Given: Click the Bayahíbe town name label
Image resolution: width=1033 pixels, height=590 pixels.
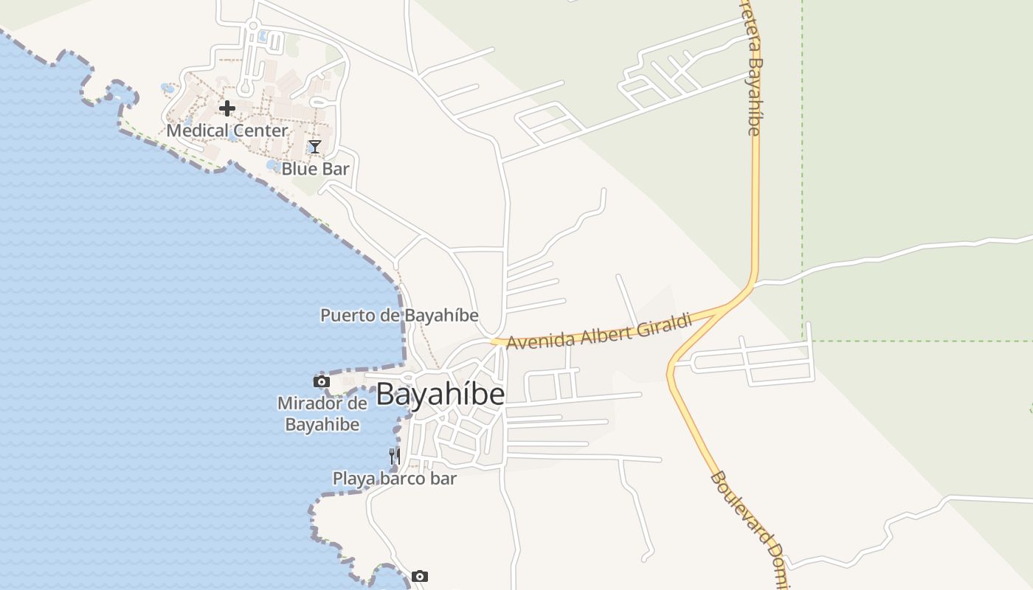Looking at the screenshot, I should tap(441, 395).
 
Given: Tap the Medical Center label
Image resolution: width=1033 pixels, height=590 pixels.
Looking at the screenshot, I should tap(227, 131).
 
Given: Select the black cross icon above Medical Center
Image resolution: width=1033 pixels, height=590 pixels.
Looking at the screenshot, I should tap(227, 108).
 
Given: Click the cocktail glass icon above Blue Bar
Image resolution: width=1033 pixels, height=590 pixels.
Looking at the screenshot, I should tap(315, 147).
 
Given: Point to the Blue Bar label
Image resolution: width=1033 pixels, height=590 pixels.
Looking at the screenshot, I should tap(315, 169).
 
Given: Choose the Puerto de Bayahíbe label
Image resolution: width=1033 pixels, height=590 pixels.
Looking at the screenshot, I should tap(399, 316).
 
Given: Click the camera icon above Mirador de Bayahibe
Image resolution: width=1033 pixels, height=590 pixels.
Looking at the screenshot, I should tap(321, 381).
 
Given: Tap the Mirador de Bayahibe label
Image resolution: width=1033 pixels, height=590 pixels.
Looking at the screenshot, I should tap(322, 414).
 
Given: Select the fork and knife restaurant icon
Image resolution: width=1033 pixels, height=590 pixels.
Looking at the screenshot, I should tap(395, 457).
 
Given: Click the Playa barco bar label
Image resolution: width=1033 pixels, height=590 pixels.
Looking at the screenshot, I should tap(395, 479).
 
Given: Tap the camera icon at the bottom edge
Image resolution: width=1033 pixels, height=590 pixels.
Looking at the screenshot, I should tap(420, 576).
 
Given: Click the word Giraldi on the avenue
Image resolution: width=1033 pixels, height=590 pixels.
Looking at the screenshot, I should tap(666, 323).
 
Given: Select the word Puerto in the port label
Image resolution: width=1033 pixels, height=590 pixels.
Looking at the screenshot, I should tap(343, 316).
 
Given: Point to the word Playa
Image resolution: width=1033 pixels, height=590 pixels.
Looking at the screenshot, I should tap(352, 479).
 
